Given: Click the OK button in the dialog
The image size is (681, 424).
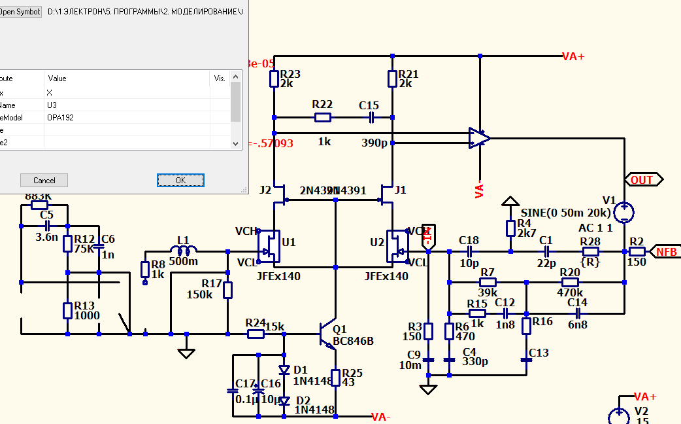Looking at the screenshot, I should coord(180,180).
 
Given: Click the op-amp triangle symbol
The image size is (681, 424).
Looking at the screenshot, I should coord(479,138).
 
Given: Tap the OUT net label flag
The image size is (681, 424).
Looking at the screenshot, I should coord(644,180).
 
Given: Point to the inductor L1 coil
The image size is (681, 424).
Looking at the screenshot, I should coord(184,251).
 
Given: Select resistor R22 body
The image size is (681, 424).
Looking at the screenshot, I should coord(323,118).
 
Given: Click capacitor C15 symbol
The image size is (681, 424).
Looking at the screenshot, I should coord(371,118).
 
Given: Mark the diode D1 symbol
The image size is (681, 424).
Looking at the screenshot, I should coord(284,370).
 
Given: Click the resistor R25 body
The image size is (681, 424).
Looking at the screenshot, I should coord(335,378).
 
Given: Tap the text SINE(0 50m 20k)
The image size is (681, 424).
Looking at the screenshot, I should coord(566,213).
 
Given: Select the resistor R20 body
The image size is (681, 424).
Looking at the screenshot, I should coord(569,282).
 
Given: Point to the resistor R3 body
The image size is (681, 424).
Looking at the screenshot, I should coord(428,330).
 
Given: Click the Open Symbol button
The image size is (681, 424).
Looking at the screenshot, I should coord(20,12).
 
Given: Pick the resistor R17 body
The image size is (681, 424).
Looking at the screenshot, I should coord(227,289).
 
